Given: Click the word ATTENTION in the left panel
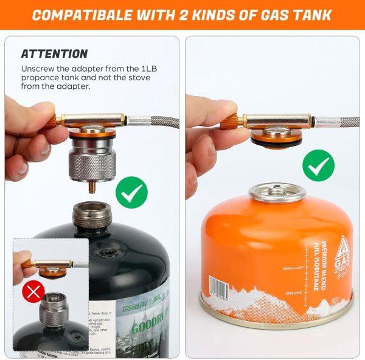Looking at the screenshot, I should click(54, 54).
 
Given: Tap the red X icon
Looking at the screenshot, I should click(33, 292).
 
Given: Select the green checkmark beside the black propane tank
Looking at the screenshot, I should click(132, 193).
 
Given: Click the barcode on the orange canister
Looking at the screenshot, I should click(218, 288).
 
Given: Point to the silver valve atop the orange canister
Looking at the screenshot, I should click(277, 192).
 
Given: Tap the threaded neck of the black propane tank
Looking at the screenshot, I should click(90, 215).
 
